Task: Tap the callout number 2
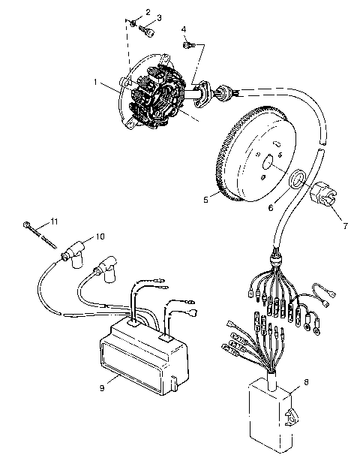(x=148, y=13)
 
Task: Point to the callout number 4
(x=184, y=29)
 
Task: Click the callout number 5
(x=205, y=200)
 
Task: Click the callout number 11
(x=53, y=221)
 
